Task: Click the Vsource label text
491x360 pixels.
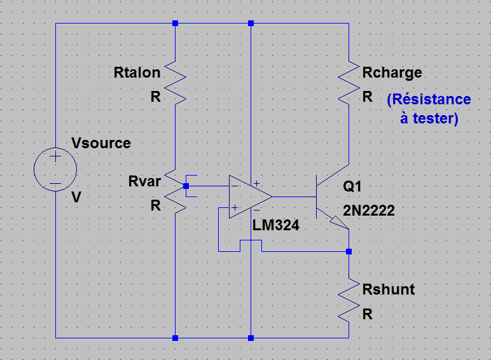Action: click(x=101, y=142)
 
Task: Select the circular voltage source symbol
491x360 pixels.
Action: click(x=55, y=169)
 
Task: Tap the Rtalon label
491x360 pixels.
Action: click(x=137, y=73)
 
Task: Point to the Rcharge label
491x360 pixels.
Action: click(x=392, y=73)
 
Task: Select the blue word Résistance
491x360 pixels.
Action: click(x=429, y=100)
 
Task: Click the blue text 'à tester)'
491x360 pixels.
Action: click(x=429, y=118)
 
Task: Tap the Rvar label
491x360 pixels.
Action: click(x=144, y=181)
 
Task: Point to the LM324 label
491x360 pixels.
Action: click(x=275, y=225)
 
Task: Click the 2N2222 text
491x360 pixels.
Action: click(x=369, y=211)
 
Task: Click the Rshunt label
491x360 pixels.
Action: click(x=388, y=289)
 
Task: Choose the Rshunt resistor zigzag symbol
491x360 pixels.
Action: click(x=349, y=300)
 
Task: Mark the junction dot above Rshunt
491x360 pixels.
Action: click(x=349, y=251)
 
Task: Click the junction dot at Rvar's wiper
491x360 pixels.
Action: click(x=185, y=186)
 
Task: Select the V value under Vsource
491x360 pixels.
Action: click(x=76, y=198)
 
